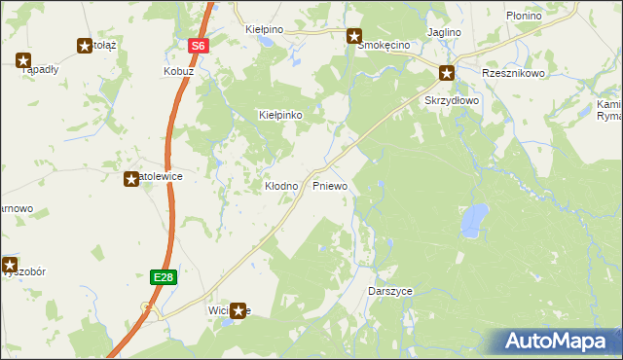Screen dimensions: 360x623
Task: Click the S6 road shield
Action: pyautogui.click(x=199, y=46)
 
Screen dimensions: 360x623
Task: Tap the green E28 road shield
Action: pyautogui.click(x=164, y=277)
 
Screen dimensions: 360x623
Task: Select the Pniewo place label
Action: pyautogui.click(x=330, y=185)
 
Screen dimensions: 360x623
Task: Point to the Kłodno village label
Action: pyautogui.click(x=281, y=185)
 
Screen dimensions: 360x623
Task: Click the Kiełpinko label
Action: pyautogui.click(x=280, y=115)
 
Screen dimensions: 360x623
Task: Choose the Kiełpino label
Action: pyautogui.click(x=265, y=30)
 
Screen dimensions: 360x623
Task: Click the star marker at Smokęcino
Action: pyautogui.click(x=354, y=36)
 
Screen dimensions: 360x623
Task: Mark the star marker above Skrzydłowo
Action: pyautogui.click(x=447, y=72)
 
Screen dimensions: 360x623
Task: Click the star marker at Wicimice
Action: pyautogui.click(x=238, y=310)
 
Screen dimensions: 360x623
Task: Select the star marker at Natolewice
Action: pyautogui.click(x=131, y=178)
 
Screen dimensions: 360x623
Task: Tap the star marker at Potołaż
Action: pyautogui.click(x=84, y=45)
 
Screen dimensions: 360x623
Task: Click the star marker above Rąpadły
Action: pyautogui.click(x=23, y=60)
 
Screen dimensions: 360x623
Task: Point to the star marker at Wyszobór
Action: pyautogui.click(x=10, y=264)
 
